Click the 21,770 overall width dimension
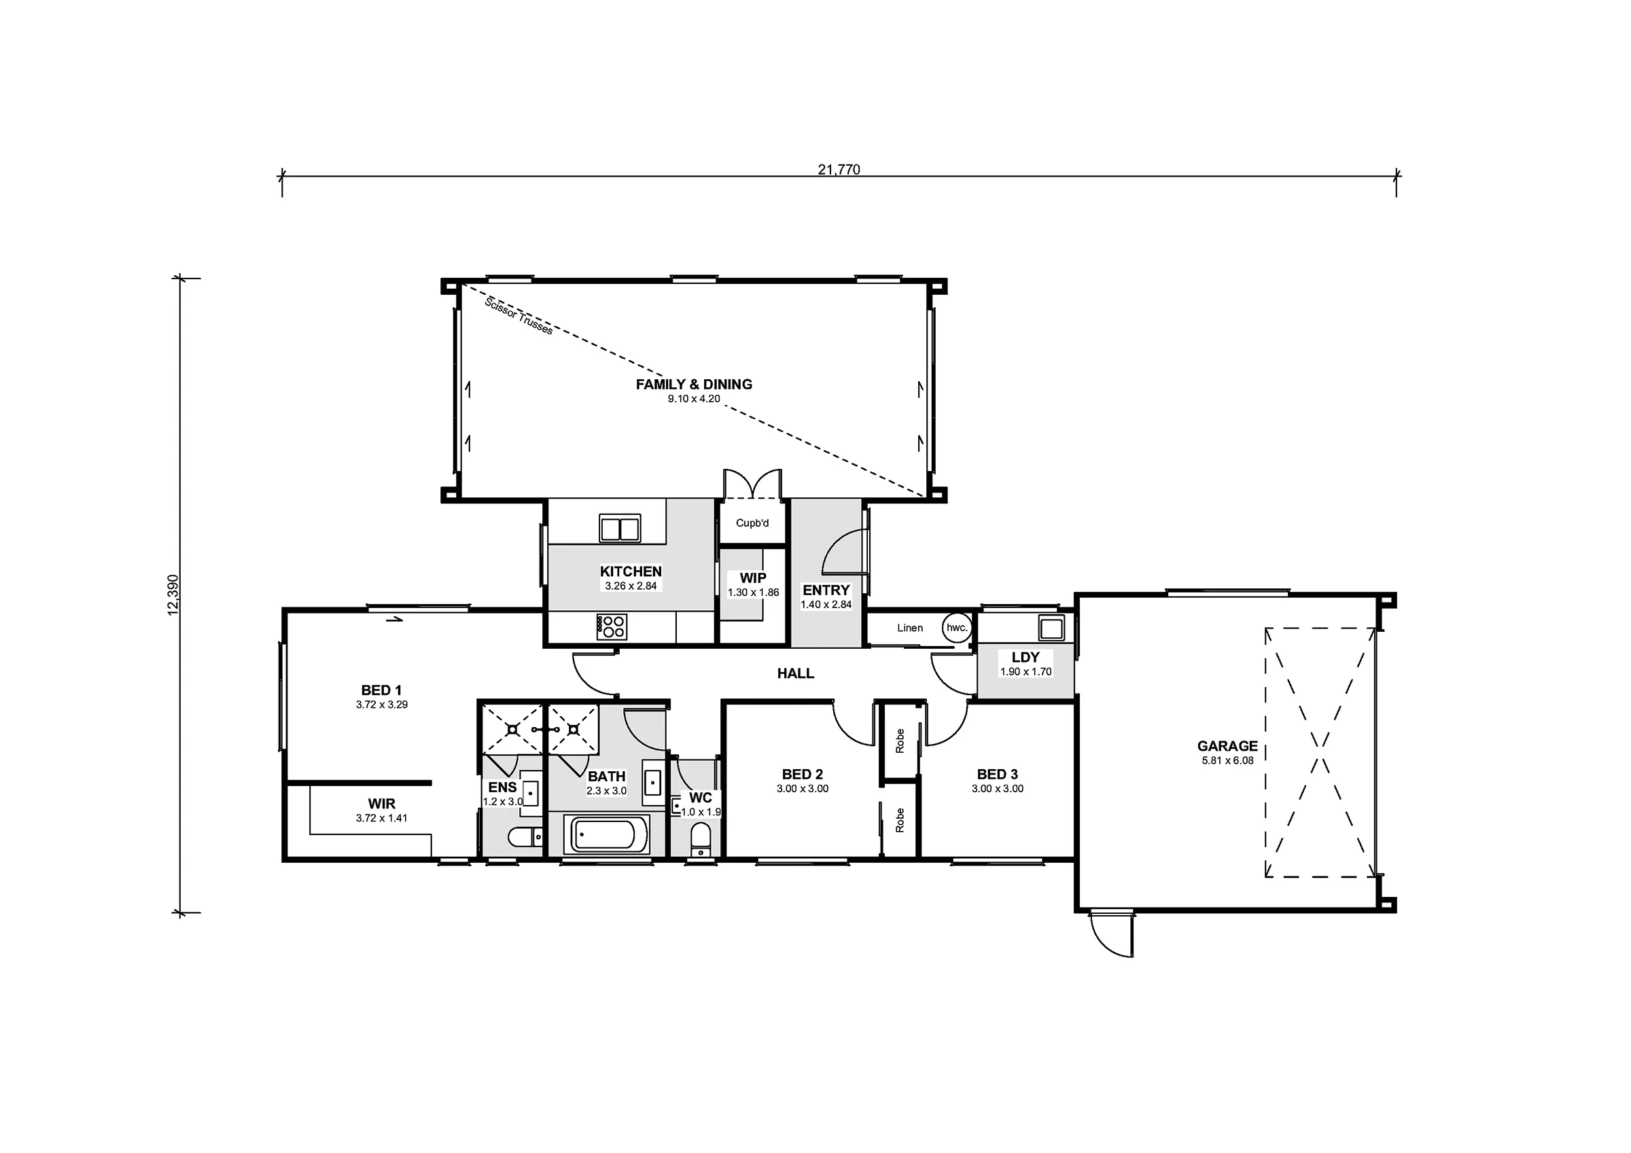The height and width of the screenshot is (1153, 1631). click(x=838, y=169)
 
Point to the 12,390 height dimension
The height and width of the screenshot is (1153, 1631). click(x=173, y=595)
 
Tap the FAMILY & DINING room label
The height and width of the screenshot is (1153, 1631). click(x=693, y=385)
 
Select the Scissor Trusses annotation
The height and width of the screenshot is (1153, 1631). click(x=518, y=315)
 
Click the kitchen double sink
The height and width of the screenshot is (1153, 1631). click(x=619, y=529)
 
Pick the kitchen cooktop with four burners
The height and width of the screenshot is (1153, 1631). click(x=612, y=627)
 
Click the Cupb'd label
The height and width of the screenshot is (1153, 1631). click(x=752, y=524)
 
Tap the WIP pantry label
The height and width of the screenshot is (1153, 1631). click(x=753, y=578)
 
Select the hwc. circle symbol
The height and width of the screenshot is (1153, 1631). click(x=957, y=628)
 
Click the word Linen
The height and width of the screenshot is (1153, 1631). click(x=910, y=628)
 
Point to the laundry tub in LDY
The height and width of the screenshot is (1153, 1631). click(x=1051, y=628)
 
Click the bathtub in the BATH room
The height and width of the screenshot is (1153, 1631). click(x=606, y=835)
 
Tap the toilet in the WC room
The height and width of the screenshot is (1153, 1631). click(x=701, y=840)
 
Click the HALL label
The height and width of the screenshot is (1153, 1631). click(x=796, y=673)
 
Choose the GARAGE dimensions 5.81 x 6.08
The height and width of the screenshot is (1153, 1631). click(x=1227, y=761)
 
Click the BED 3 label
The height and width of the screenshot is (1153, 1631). click(x=998, y=775)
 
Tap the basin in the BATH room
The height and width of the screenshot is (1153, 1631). click(x=653, y=782)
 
